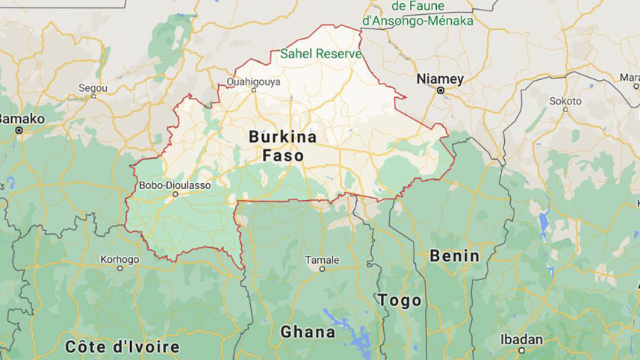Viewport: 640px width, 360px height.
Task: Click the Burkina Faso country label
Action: pos(282,146)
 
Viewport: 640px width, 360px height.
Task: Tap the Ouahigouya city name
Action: pos(253,81)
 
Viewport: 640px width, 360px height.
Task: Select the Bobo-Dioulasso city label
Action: pos(175,184)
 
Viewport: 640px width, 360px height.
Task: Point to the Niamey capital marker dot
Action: pos(441,90)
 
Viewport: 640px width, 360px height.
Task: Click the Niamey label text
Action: pos(440,78)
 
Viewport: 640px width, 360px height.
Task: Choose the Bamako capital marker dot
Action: pos(19,130)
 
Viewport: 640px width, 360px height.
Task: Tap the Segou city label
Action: pos(93,87)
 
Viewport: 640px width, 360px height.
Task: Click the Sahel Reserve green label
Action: pos(321,54)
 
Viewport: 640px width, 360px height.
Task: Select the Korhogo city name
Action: pos(119,259)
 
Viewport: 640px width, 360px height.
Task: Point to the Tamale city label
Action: pos(322,259)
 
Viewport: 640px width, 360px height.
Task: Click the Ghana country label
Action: pos(307,332)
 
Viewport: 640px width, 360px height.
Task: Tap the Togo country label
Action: pos(400,300)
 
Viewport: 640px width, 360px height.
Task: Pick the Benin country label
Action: pos(454,255)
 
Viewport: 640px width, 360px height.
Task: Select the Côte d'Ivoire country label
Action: pos(122,347)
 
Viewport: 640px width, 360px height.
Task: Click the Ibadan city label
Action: pos(521,338)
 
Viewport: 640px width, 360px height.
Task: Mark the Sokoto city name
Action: pos(565,100)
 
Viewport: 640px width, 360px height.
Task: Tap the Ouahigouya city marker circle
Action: pos(254,90)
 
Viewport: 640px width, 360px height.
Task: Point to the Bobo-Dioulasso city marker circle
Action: pos(175,194)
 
